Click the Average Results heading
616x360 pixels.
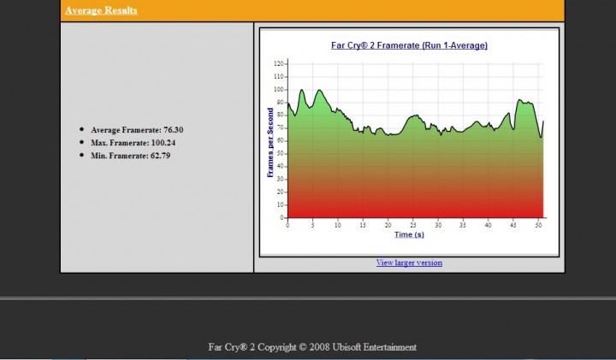click(x=101, y=10)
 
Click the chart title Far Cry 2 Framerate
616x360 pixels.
click(x=409, y=45)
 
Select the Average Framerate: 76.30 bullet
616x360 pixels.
click(x=137, y=130)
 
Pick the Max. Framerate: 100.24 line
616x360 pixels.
click(x=133, y=143)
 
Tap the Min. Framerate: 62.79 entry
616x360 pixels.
click(x=130, y=156)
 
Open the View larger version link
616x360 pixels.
click(x=409, y=263)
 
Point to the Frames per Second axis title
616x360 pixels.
click(x=270, y=142)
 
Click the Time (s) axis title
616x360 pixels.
click(x=409, y=234)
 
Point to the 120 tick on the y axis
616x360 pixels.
click(x=279, y=63)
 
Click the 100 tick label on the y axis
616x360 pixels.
click(x=279, y=89)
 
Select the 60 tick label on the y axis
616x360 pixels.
click(x=280, y=140)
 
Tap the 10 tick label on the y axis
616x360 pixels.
click(x=280, y=204)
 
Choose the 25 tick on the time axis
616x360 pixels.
click(x=413, y=224)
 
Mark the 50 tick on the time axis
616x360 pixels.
click(x=537, y=224)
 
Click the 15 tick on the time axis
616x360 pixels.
click(x=363, y=224)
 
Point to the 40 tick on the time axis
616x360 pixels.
click(x=488, y=224)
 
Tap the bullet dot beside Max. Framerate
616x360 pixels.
click(x=81, y=143)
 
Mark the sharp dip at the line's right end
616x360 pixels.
click(x=540, y=137)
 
